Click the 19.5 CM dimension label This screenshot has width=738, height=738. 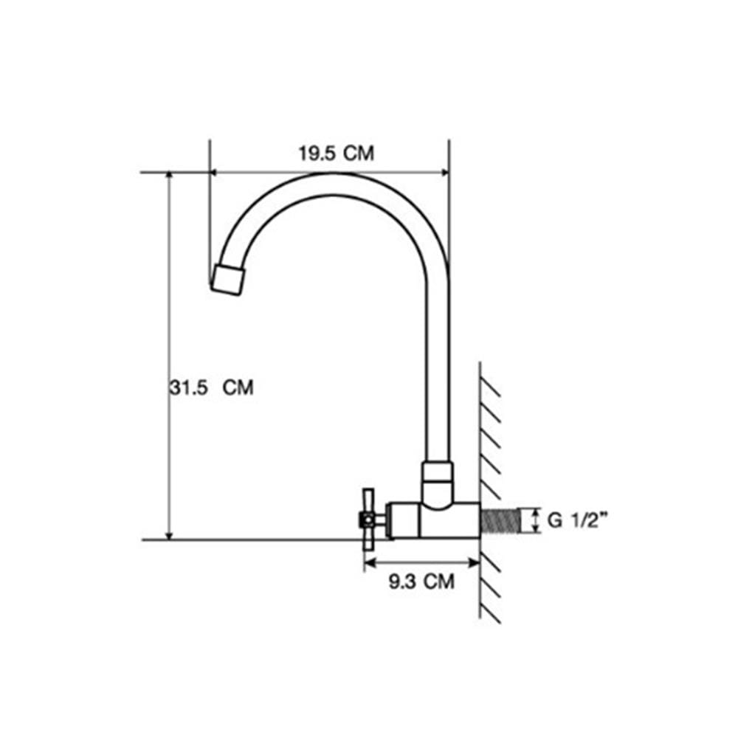[337, 154]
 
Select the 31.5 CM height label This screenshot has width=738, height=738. [211, 388]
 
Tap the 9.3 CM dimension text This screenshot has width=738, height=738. [421, 582]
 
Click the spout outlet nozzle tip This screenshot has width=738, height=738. [228, 280]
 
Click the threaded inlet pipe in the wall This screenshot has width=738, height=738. [500, 520]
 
